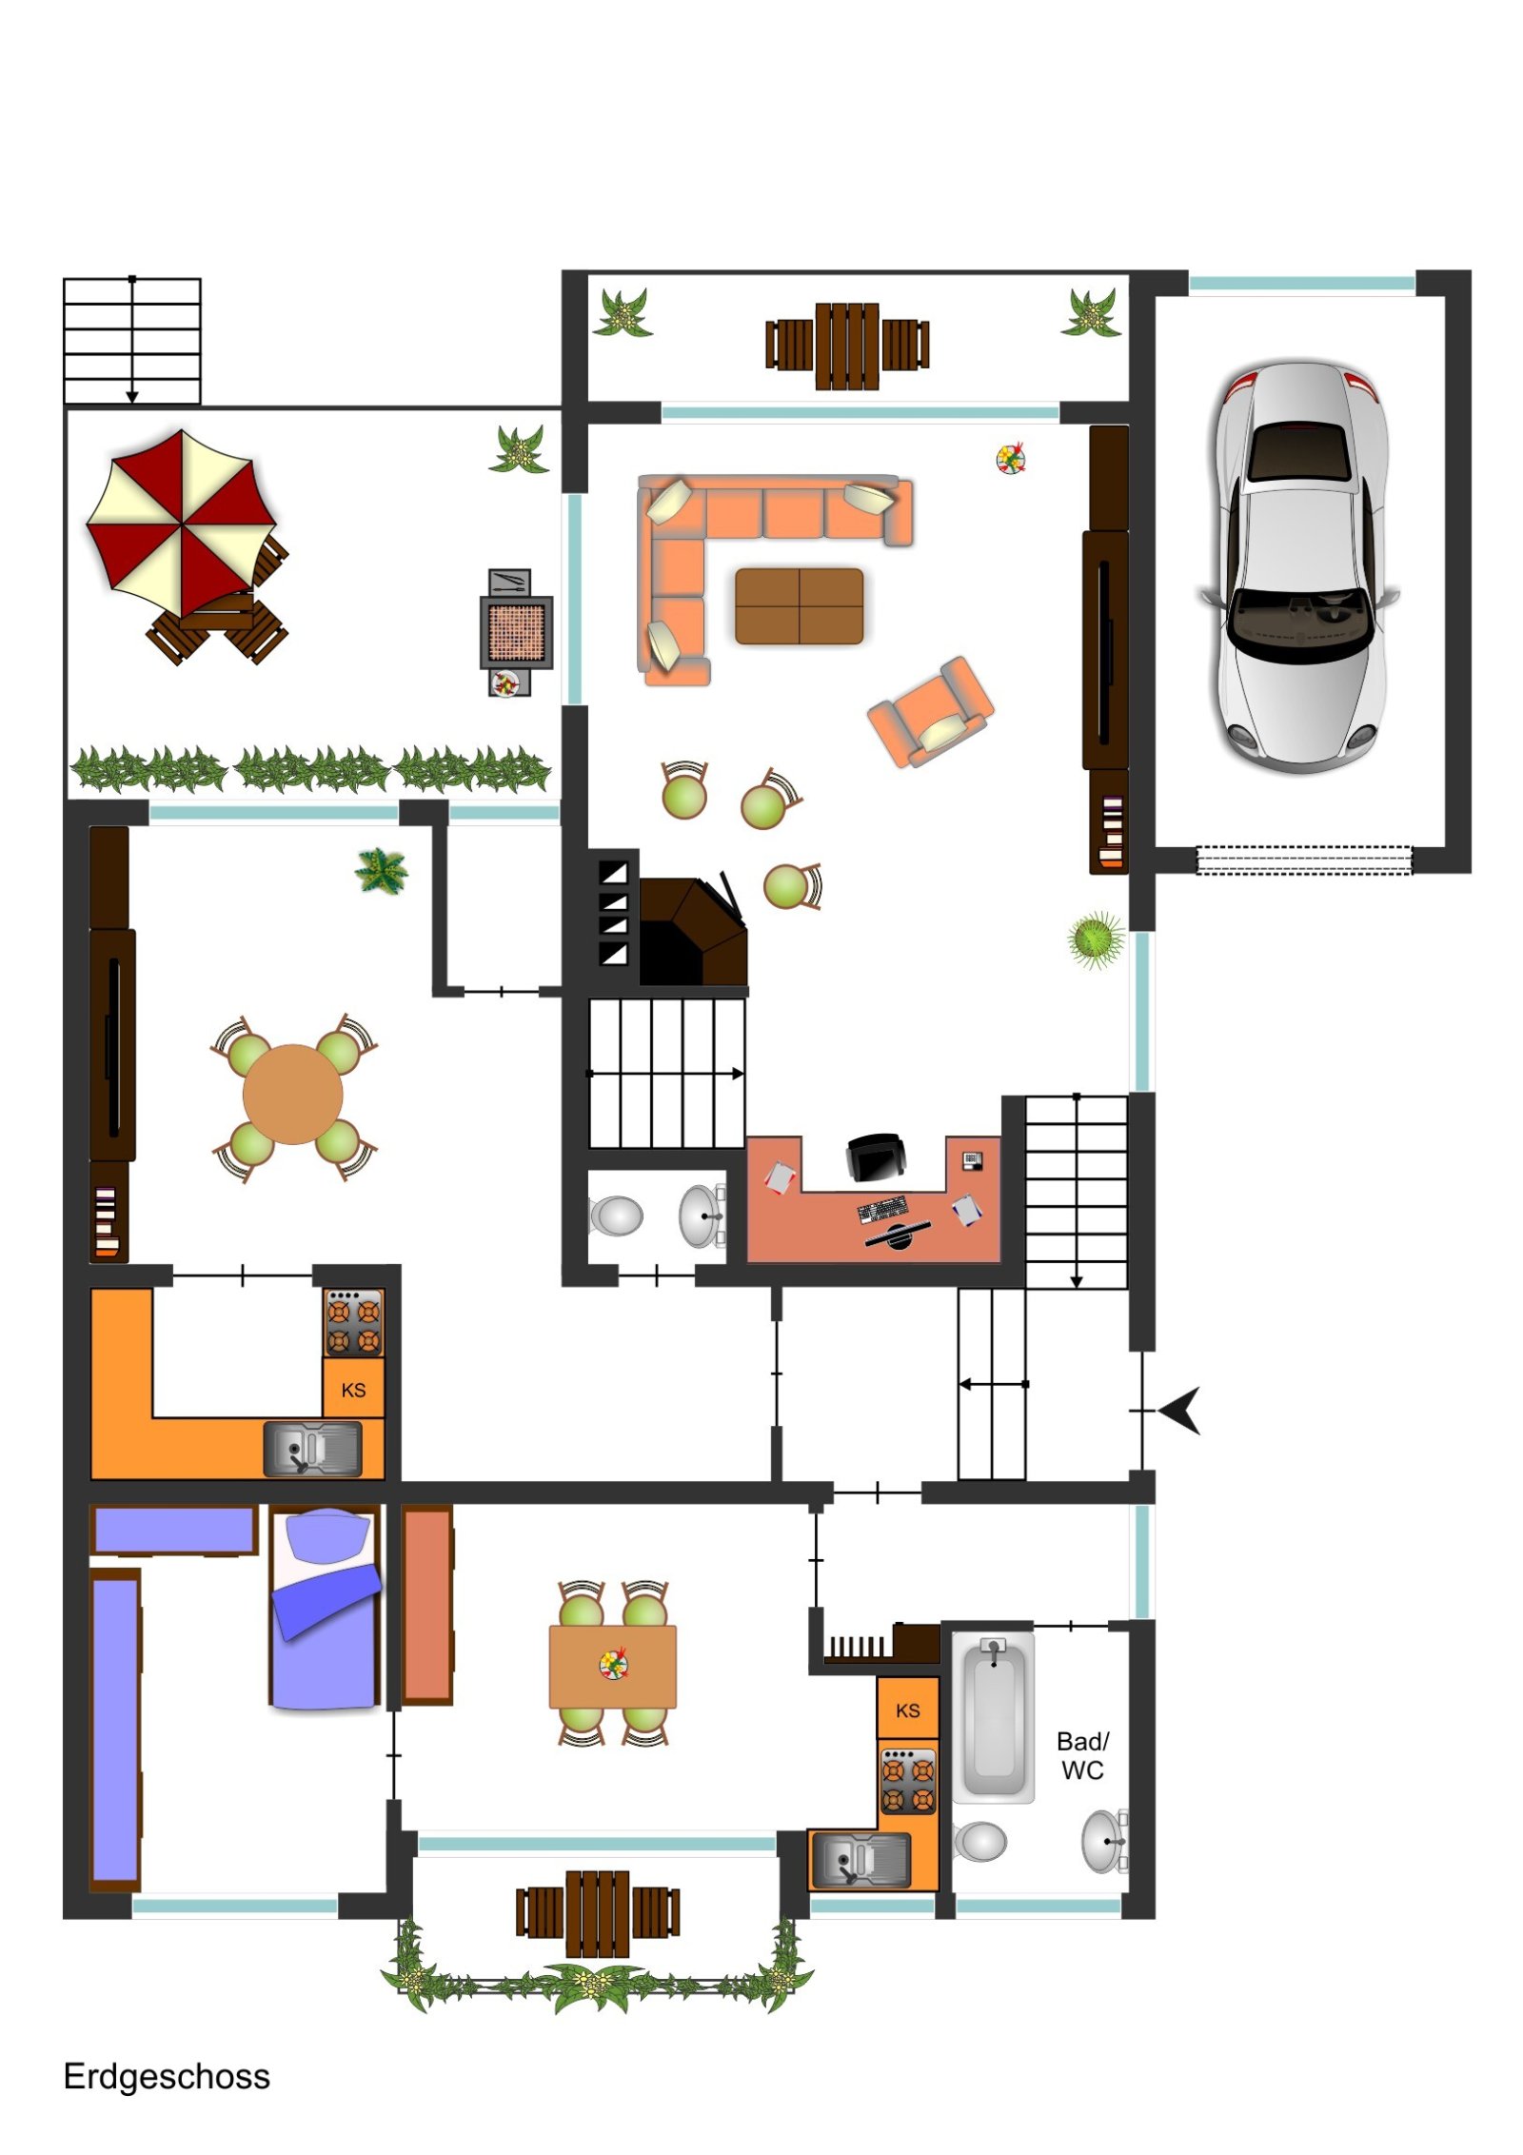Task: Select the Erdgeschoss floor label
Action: pyautogui.click(x=167, y=2076)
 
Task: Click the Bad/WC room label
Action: pyautogui.click(x=1082, y=1755)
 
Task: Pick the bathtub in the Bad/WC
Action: pyautogui.click(x=994, y=1717)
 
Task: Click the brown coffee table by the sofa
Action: pyautogui.click(x=799, y=606)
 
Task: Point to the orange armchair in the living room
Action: pyautogui.click(x=930, y=711)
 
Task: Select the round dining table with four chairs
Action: pyautogui.click(x=292, y=1095)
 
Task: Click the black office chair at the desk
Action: pyautogui.click(x=876, y=1157)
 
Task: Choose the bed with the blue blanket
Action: pyautogui.click(x=325, y=1607)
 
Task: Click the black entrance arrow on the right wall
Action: pyautogui.click(x=1180, y=1411)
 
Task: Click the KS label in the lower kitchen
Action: pyautogui.click(x=907, y=1710)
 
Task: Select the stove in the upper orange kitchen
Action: pyautogui.click(x=353, y=1323)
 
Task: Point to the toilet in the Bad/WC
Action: pyautogui.click(x=979, y=1841)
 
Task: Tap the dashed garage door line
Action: pyautogui.click(x=1303, y=860)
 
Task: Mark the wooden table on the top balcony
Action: pyautogui.click(x=847, y=346)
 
